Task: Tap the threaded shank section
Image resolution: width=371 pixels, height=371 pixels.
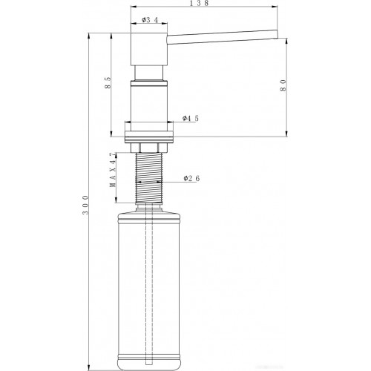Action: [151, 178]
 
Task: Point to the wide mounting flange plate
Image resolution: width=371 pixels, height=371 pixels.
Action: [151, 135]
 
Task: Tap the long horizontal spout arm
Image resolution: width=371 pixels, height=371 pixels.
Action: [223, 33]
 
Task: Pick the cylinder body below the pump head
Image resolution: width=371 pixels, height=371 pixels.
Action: [151, 100]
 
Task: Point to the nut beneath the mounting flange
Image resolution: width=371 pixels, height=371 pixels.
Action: [151, 146]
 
